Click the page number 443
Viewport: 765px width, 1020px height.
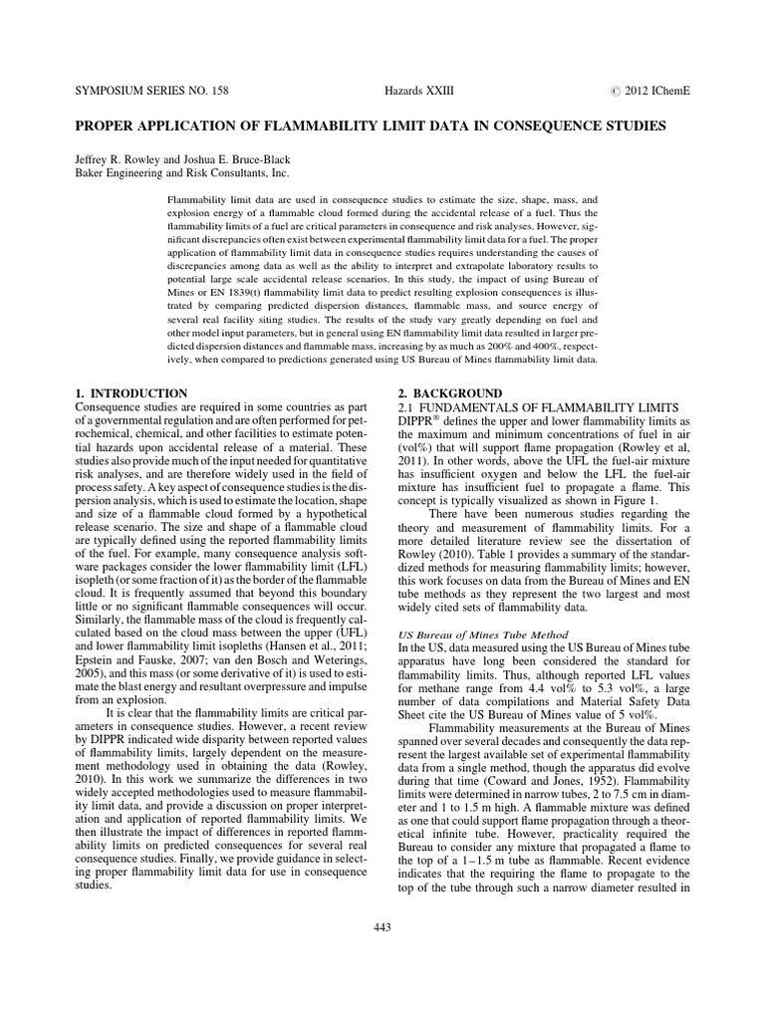(382, 927)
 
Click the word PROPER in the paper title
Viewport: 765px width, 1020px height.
(109, 127)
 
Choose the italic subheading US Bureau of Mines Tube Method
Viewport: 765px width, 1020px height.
(483, 634)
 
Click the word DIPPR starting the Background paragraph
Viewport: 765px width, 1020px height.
(423, 422)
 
